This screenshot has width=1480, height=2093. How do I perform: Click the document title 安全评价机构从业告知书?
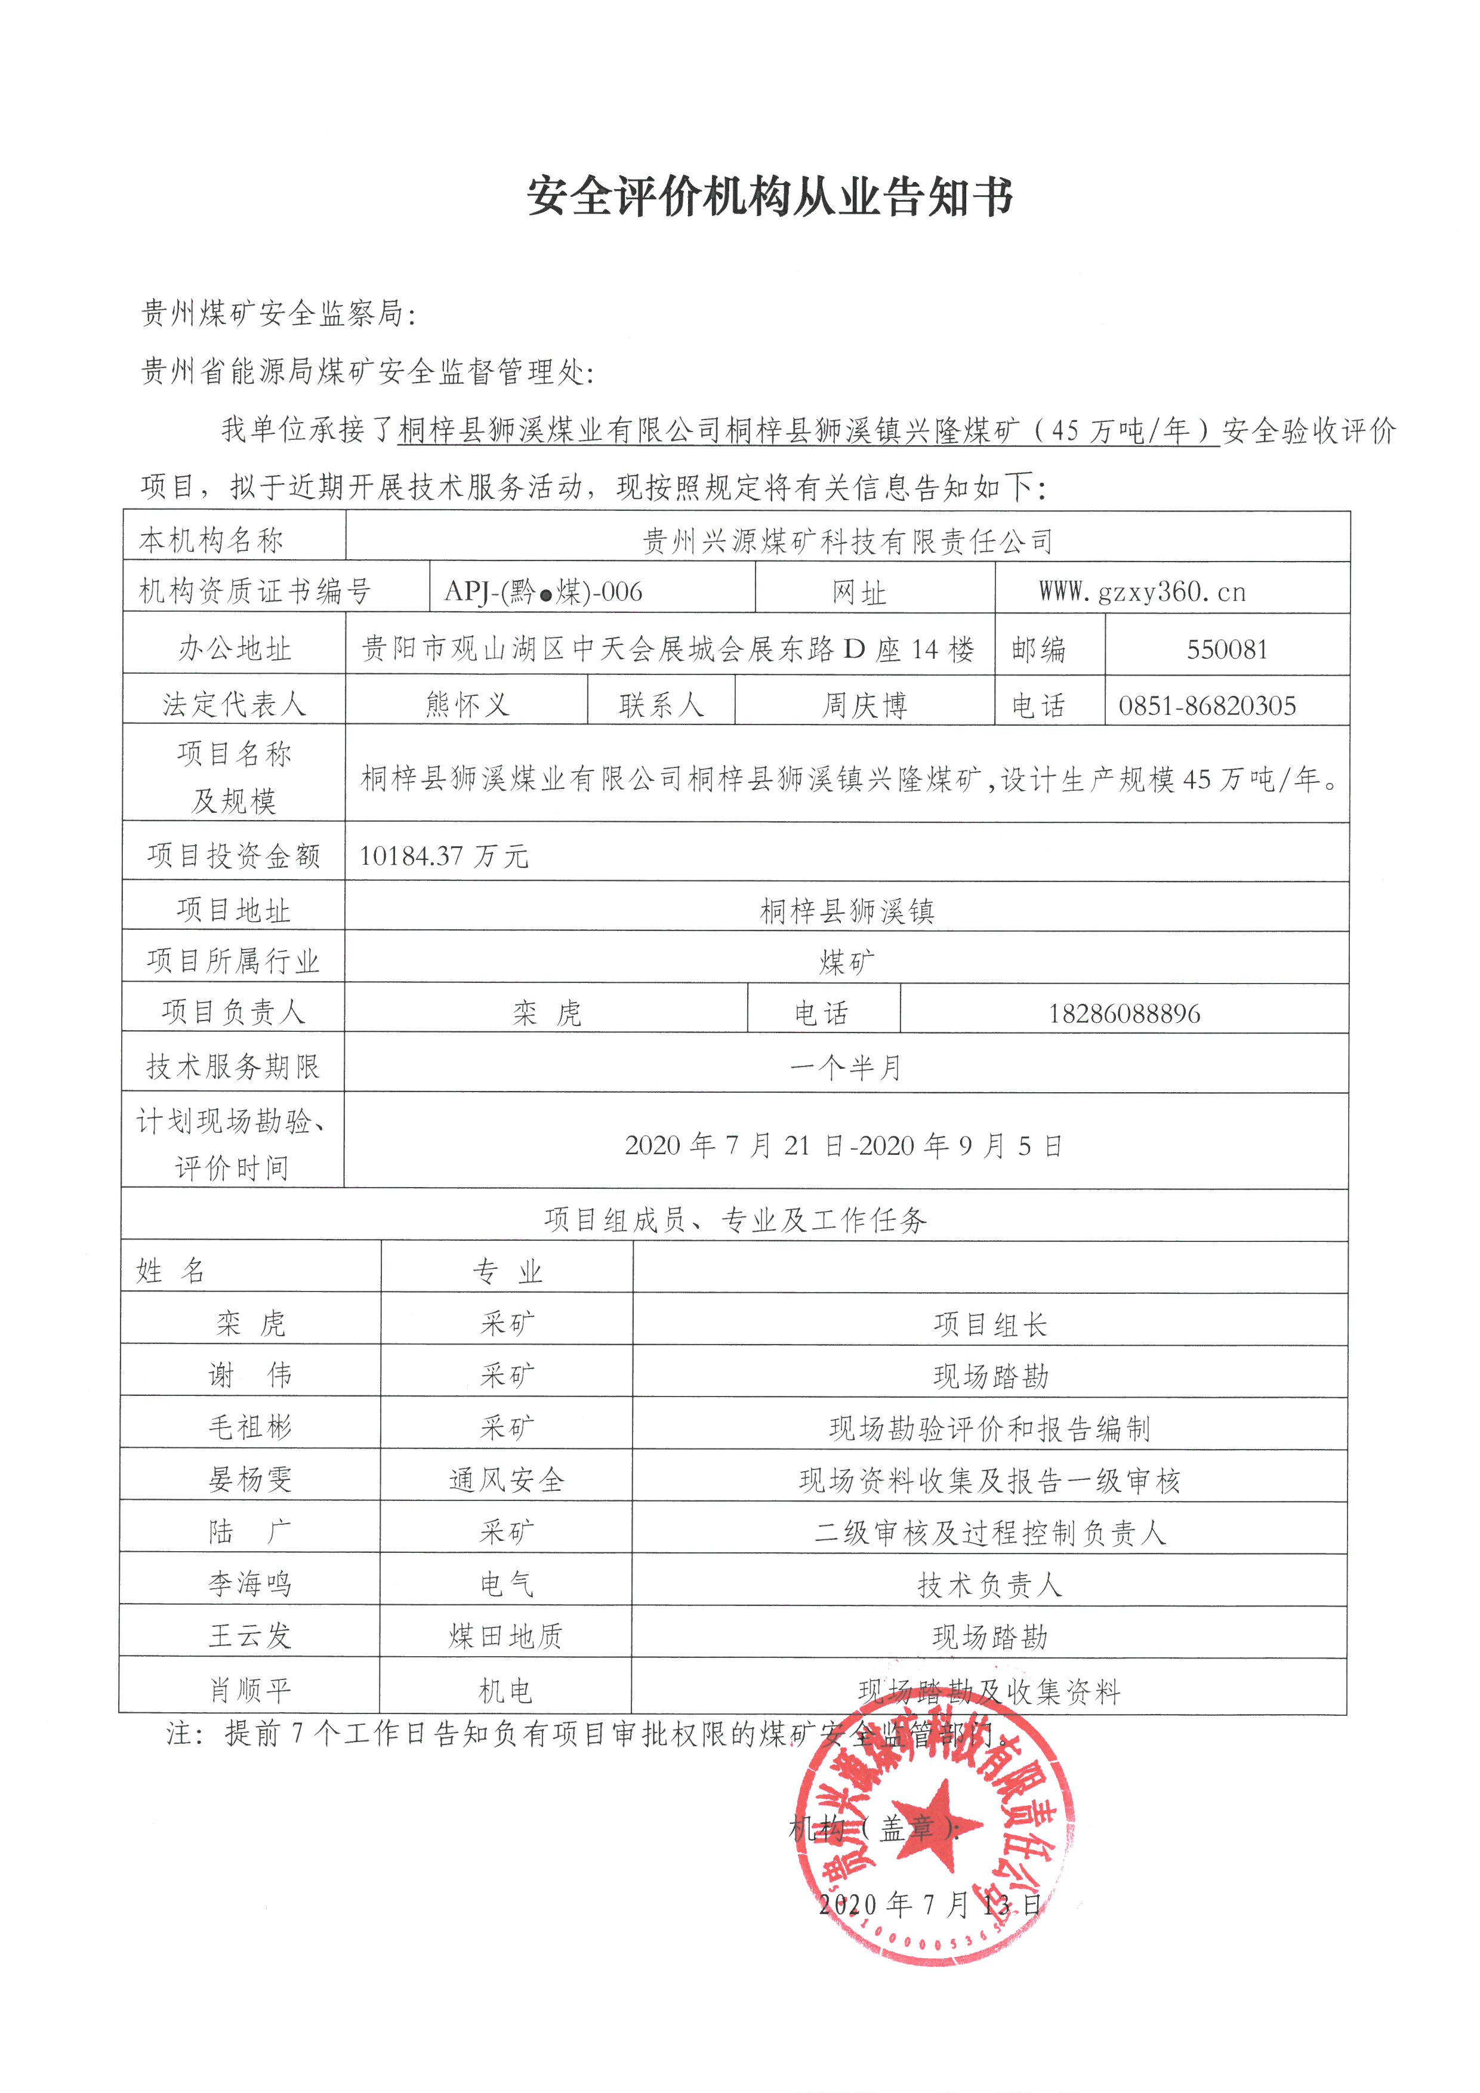click(x=770, y=196)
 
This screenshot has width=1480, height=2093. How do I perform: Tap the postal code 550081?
click(x=1226, y=649)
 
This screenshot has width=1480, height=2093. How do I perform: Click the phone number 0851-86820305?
click(x=1207, y=705)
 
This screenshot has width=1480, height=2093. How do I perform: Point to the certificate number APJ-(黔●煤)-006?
click(x=543, y=593)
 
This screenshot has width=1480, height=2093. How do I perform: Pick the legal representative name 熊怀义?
click(x=467, y=705)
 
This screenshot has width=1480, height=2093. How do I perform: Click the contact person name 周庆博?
click(x=864, y=705)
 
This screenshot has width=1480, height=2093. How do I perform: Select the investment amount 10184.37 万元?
click(x=444, y=855)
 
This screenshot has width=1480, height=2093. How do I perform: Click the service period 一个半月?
click(x=846, y=1066)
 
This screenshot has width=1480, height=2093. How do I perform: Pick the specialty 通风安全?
click(x=507, y=1479)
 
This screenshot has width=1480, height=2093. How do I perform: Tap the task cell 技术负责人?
click(x=989, y=1585)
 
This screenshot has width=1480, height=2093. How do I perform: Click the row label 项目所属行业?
click(x=233, y=960)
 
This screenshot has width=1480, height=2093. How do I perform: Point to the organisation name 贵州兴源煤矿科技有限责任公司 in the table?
click(x=847, y=541)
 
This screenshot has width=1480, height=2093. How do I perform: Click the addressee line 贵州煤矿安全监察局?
click(x=278, y=313)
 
